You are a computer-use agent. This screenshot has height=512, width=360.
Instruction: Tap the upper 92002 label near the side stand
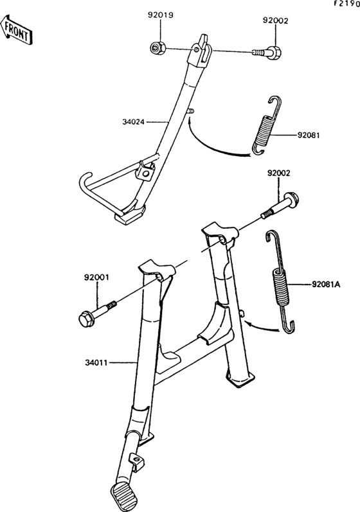[x=274, y=21]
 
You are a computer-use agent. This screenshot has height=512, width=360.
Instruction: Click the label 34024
[x=134, y=120]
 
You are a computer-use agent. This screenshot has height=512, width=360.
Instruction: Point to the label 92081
[x=309, y=136]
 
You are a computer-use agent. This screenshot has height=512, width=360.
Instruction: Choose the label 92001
[x=96, y=278]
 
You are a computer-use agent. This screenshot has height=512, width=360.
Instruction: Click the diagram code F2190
[x=345, y=4]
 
